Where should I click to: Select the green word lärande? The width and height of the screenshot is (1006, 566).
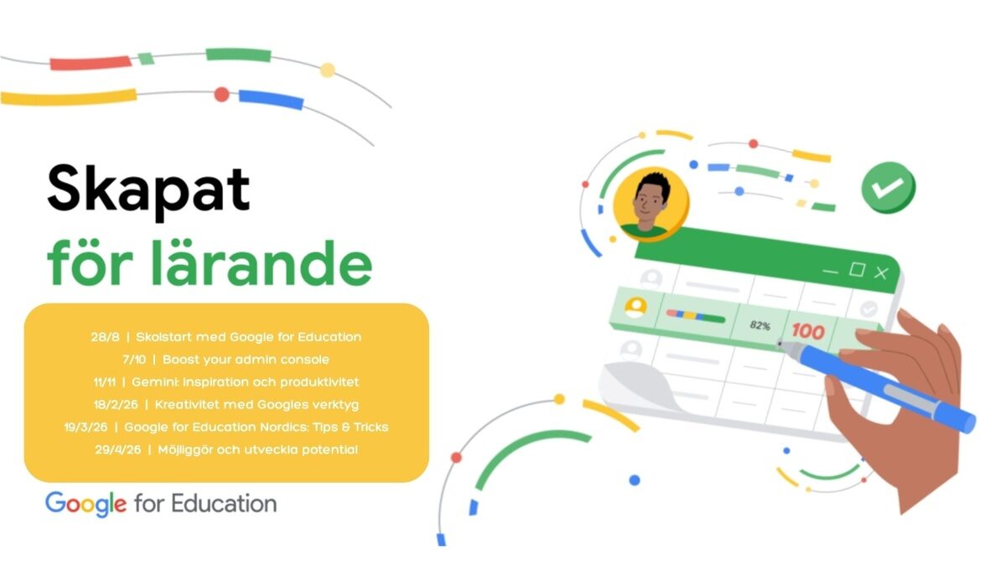point(262,262)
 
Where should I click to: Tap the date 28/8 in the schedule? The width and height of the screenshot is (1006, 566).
point(105,337)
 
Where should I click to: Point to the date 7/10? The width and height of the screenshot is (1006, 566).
point(134,360)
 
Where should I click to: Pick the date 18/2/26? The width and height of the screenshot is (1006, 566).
point(116,404)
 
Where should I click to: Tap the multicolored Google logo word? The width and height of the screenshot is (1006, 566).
point(86,504)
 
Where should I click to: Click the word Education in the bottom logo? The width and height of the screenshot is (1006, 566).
point(224,504)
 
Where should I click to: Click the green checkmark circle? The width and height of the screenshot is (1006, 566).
point(889,187)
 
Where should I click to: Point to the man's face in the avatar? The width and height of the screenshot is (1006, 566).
point(649,202)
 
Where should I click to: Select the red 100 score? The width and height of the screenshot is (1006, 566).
point(808,331)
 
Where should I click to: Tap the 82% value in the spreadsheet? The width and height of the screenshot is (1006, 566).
point(760,325)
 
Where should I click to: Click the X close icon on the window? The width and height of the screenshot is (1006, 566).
point(881,273)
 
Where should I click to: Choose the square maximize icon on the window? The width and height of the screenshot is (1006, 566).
point(857,269)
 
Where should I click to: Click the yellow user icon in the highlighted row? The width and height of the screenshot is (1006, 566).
point(636,307)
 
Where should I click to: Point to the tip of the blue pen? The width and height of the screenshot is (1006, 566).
point(779,344)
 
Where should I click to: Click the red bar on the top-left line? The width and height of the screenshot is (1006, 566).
point(91,64)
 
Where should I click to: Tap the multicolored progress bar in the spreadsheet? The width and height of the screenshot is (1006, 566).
point(695,316)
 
